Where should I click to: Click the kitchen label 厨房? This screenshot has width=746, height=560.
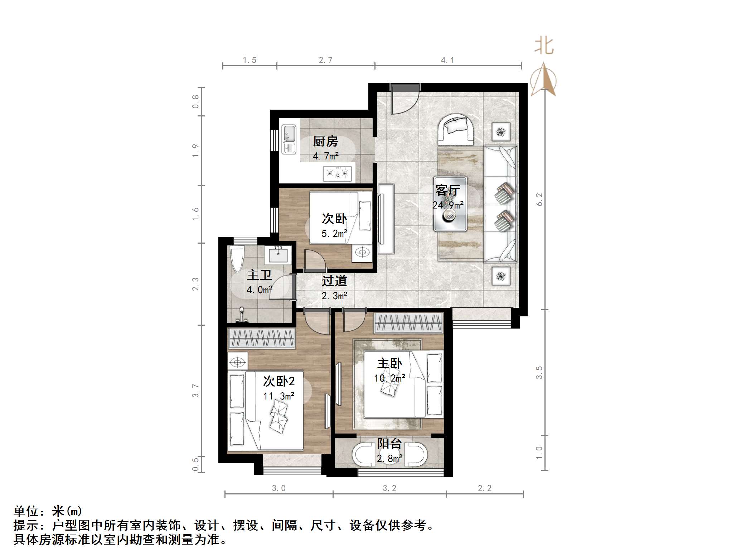[x=325, y=142]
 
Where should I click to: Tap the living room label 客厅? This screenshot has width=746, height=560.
[x=447, y=190]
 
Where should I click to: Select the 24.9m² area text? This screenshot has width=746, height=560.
[x=448, y=205]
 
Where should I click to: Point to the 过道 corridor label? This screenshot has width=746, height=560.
[x=334, y=281]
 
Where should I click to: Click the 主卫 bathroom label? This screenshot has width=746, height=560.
[x=259, y=275]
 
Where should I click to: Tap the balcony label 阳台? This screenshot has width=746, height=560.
[x=389, y=444]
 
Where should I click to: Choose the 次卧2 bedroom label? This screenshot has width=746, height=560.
[x=279, y=381]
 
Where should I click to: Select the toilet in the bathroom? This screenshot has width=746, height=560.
[x=237, y=259]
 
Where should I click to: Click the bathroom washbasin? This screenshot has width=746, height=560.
[x=278, y=254]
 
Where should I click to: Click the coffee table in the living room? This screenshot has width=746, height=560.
[x=450, y=204]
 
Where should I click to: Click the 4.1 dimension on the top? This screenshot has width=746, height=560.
[x=447, y=60]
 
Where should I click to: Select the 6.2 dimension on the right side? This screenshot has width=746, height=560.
[x=539, y=199]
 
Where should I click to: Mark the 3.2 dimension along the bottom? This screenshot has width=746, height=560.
[x=389, y=488]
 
